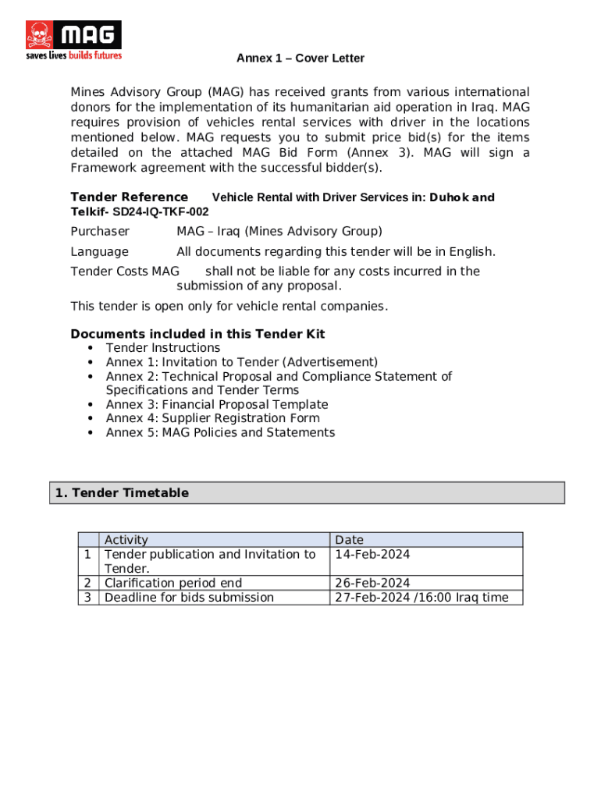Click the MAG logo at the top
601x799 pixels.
point(74,40)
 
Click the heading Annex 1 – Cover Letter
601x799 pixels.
point(300,59)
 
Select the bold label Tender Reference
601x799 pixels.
point(129,197)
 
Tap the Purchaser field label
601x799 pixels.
point(100,231)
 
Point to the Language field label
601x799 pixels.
point(99,251)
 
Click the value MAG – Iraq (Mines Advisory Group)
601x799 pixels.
point(279,231)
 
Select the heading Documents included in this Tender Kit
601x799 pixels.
point(197,334)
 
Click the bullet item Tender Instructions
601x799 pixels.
point(162,348)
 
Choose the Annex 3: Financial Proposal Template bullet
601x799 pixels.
point(216,404)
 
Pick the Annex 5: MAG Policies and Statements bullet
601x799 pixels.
point(220,432)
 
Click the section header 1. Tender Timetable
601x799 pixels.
point(122,493)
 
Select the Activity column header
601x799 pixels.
point(126,540)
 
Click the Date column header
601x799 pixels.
point(349,540)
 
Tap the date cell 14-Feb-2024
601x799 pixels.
point(372,554)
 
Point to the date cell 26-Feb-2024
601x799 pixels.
point(372,583)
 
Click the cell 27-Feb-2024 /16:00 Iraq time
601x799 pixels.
point(421,598)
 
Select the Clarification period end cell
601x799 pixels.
point(172,583)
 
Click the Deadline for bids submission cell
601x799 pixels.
point(189,598)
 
